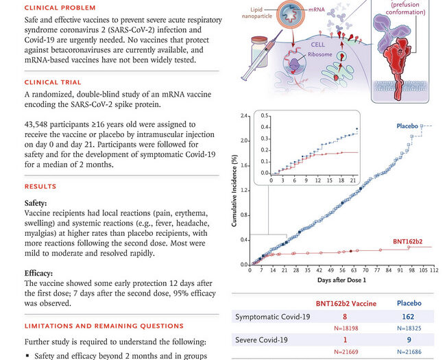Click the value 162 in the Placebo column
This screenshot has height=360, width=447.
pos(409,317)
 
